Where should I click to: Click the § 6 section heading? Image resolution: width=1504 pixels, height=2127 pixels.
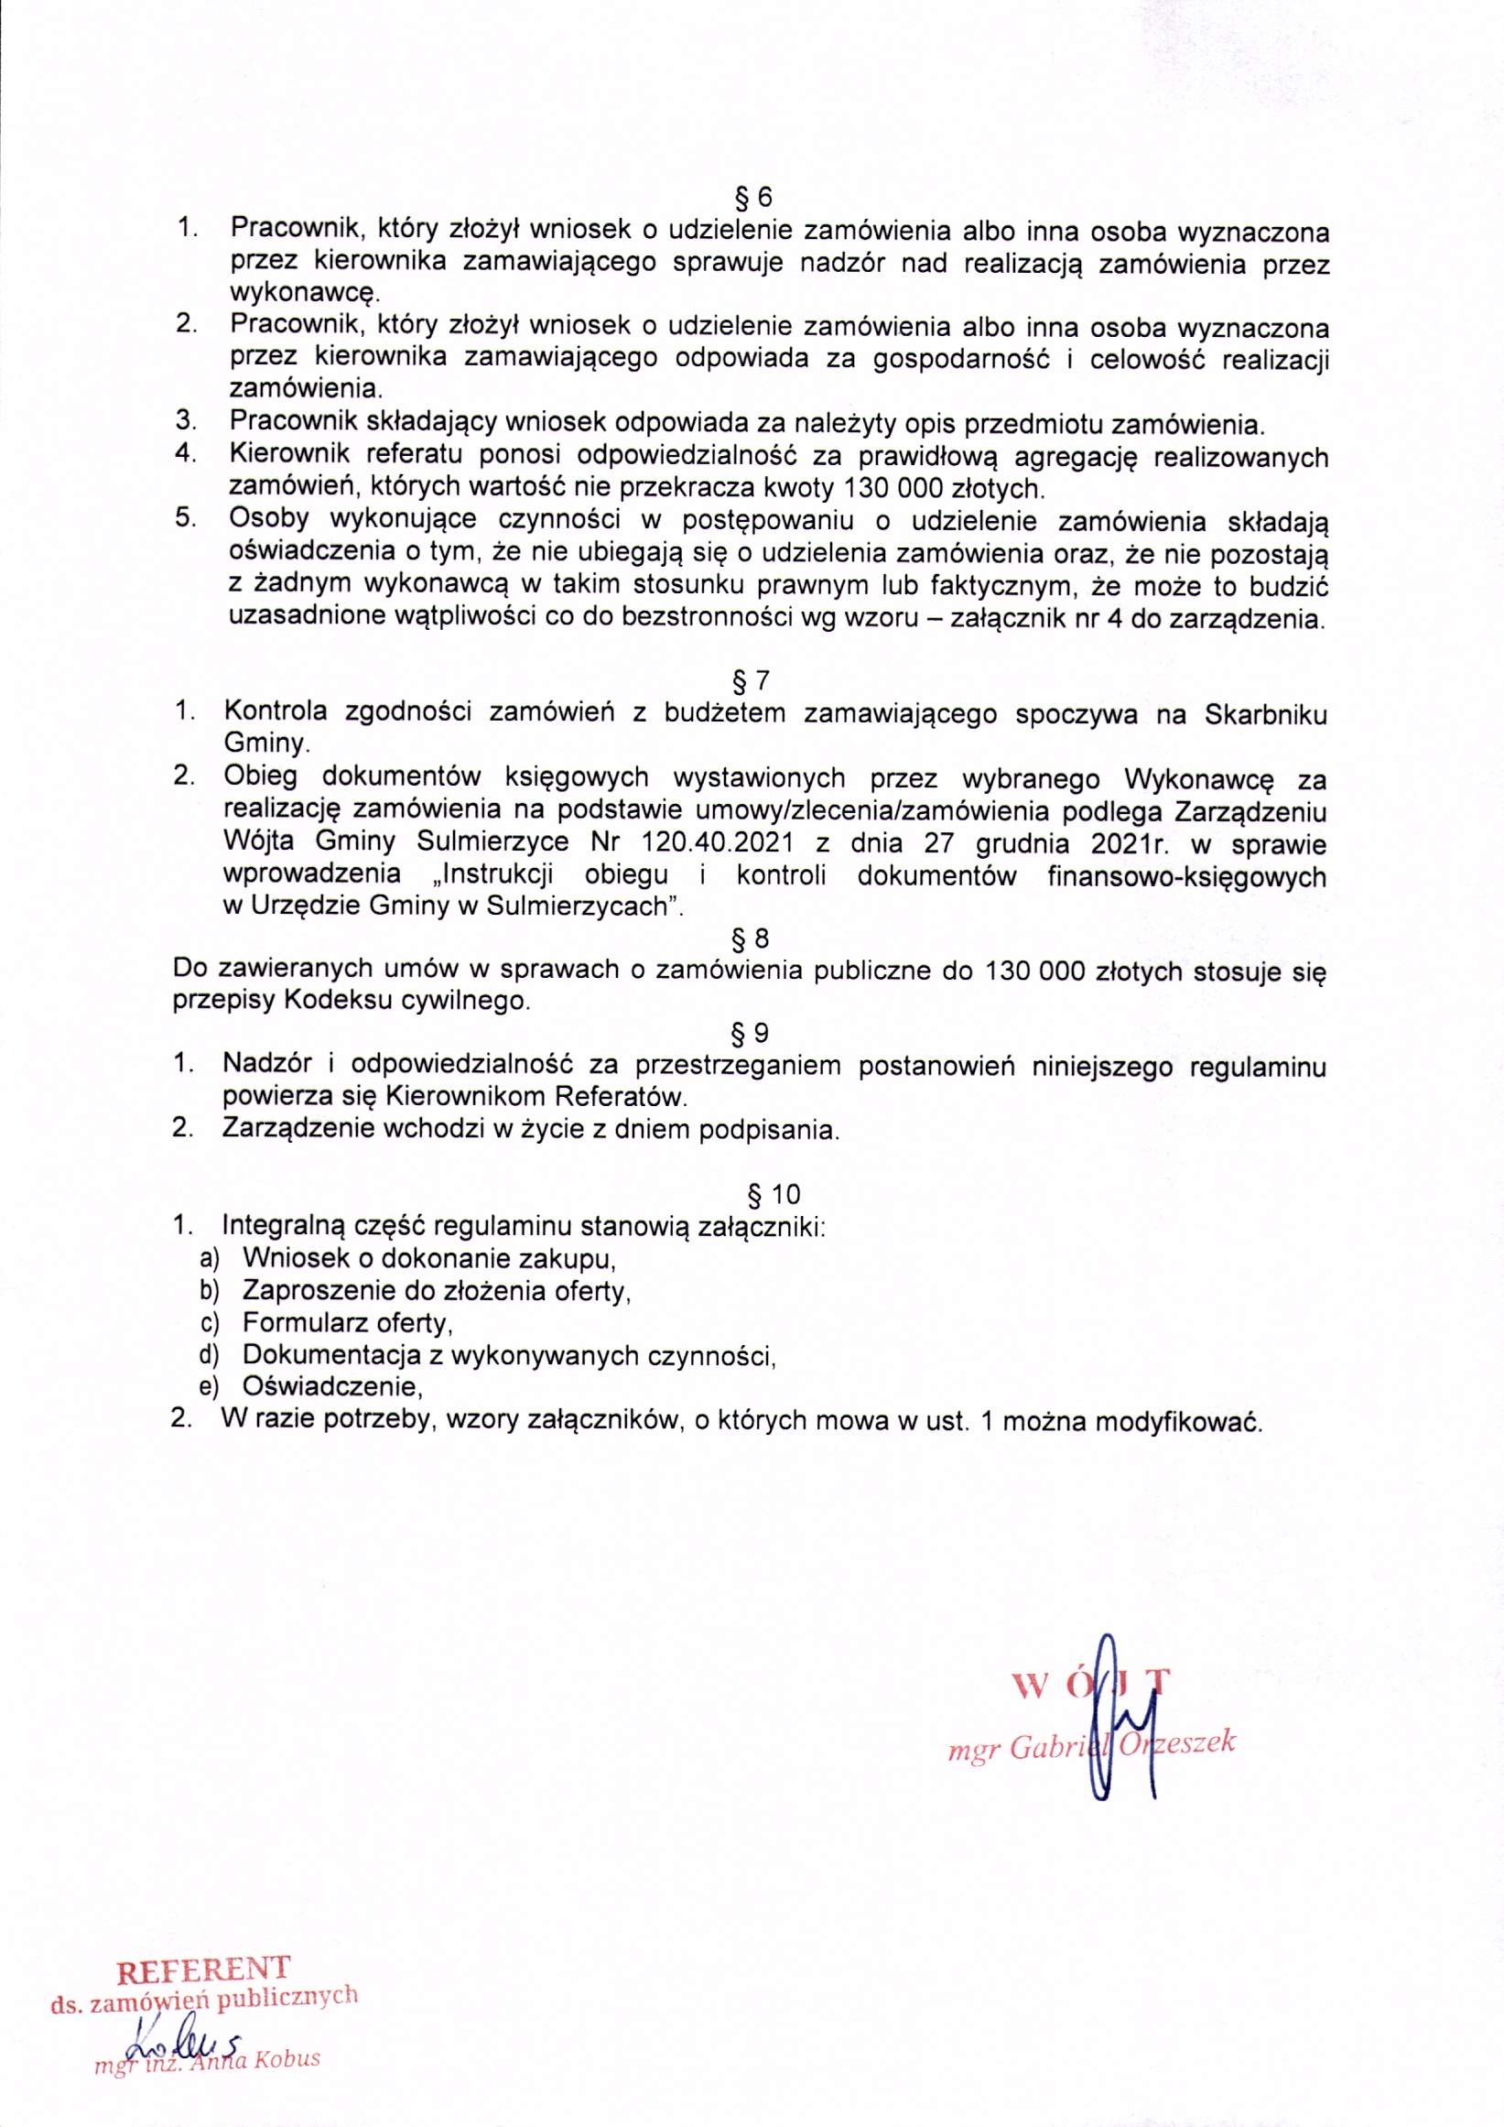[x=751, y=198]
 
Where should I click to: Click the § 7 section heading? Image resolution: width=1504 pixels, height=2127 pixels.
[x=751, y=682]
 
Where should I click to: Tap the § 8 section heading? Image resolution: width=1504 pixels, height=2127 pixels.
[x=751, y=939]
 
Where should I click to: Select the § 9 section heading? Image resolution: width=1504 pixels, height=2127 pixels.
[x=751, y=1032]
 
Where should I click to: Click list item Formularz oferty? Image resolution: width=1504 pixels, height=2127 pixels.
[x=347, y=1322]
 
